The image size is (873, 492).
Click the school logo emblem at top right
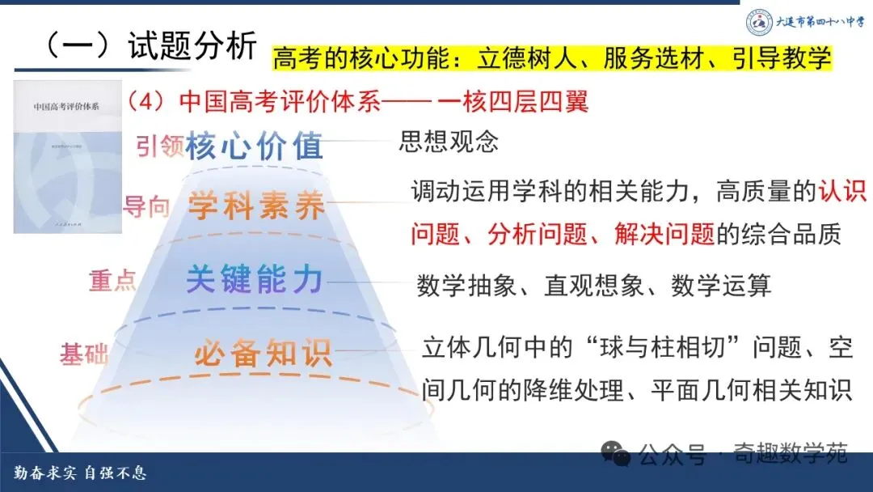(x=758, y=23)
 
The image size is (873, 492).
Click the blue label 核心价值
(x=255, y=146)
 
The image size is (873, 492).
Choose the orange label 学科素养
(x=256, y=207)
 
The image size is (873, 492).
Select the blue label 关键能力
(x=255, y=279)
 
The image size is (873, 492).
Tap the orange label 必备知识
(x=263, y=354)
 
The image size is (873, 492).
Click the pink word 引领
(x=159, y=148)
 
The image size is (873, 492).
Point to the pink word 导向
(x=146, y=206)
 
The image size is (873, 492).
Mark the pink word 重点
(x=112, y=280)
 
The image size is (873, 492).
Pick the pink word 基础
(x=83, y=354)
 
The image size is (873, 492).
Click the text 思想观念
(x=449, y=142)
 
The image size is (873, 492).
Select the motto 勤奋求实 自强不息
(x=81, y=473)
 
